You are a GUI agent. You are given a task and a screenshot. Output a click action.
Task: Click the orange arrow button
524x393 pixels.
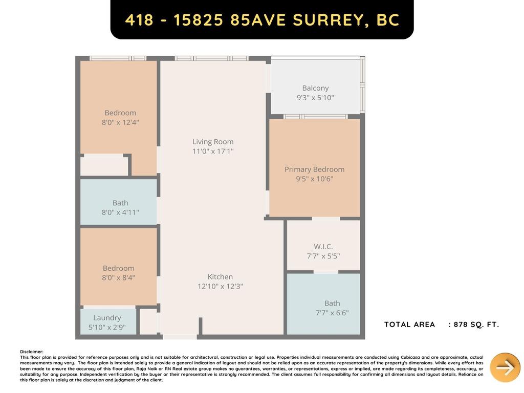[505, 367]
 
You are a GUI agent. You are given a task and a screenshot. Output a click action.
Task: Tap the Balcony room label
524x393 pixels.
[315, 88]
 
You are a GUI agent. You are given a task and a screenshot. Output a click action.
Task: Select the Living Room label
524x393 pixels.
[213, 142]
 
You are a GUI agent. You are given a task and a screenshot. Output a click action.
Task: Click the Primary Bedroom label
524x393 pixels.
[314, 169]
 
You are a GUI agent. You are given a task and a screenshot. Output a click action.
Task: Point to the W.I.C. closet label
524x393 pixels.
[323, 247]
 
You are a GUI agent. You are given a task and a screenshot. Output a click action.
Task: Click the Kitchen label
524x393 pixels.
[220, 277]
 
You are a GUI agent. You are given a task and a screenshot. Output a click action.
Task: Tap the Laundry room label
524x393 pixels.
[107, 318]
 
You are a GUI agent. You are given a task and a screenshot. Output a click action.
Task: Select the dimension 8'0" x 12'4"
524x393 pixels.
[120, 122]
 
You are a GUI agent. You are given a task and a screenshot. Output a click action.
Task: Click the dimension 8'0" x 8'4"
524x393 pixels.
[118, 278]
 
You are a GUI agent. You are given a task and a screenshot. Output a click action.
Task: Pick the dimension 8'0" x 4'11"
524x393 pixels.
[120, 212]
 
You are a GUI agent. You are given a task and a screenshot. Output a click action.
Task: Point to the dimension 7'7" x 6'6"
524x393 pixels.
[332, 313]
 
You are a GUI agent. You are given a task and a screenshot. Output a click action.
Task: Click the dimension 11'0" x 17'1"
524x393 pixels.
[213, 151]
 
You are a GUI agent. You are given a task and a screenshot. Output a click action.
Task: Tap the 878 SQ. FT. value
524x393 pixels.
[476, 324]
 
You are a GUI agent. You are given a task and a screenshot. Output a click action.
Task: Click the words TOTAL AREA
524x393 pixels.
[409, 324]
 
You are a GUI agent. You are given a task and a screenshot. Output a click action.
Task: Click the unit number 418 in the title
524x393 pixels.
[139, 20]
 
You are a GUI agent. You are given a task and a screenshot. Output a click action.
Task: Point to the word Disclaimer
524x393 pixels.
[32, 352]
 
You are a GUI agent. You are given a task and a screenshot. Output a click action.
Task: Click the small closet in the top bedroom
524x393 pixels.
[104, 166]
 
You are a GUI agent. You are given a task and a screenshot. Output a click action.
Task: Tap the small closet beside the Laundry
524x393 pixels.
[148, 321]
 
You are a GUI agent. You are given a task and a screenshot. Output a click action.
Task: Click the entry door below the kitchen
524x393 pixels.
[180, 337]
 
